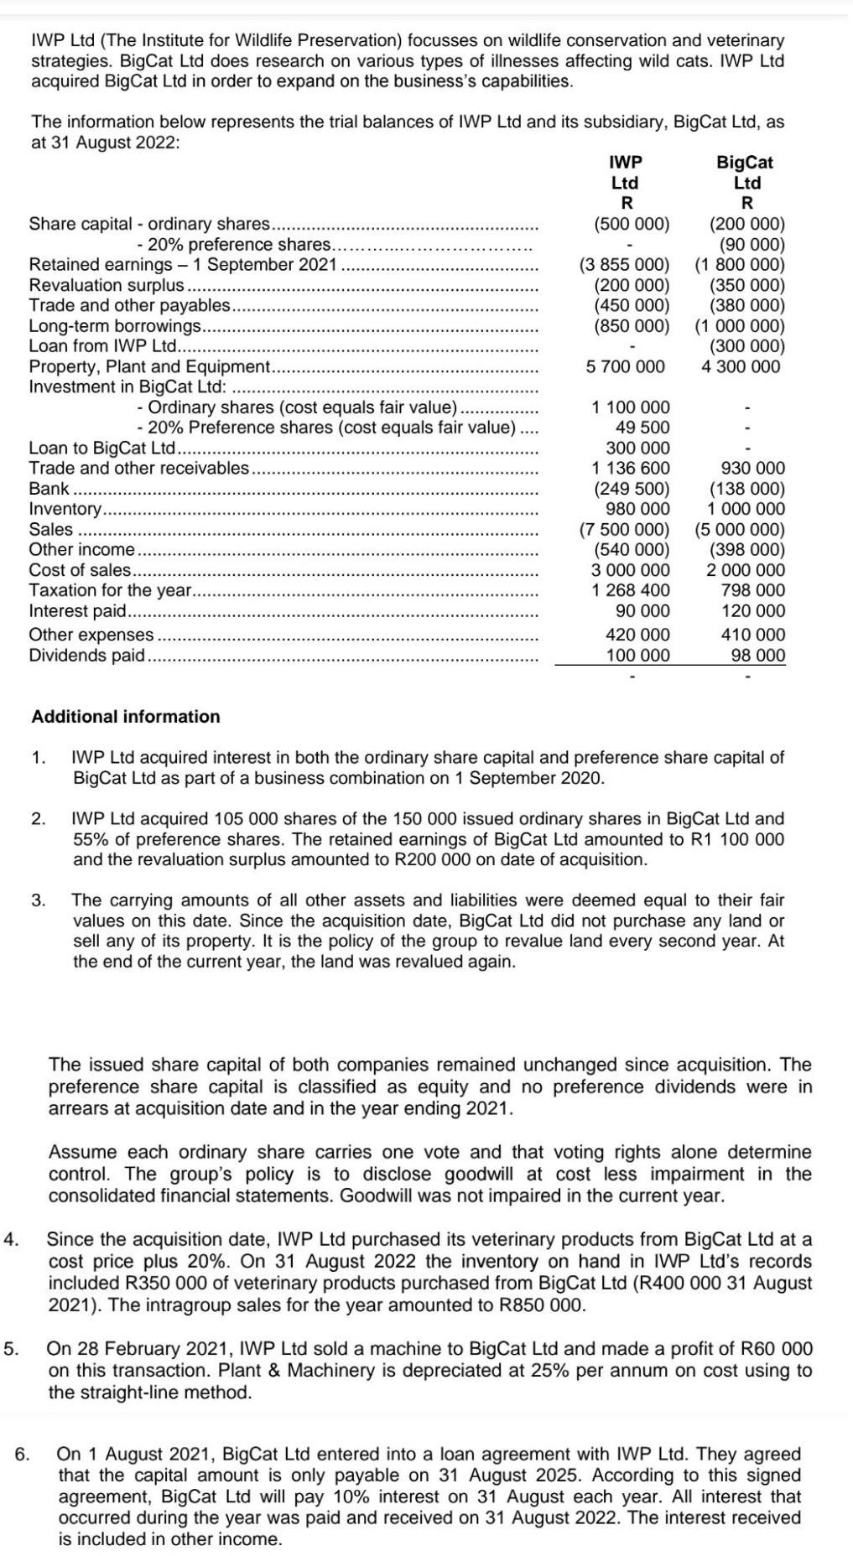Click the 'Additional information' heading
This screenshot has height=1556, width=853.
coord(126,717)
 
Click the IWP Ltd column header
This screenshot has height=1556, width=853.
coord(625,173)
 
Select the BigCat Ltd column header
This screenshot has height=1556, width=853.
coord(746,173)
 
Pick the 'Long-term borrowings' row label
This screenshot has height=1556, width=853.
coord(115,325)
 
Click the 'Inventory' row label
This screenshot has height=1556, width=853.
coord(65,509)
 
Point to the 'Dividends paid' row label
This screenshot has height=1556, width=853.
coord(86,655)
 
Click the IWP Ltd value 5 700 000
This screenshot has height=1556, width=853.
coord(625,366)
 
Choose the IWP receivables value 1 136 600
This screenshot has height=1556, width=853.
coord(631,468)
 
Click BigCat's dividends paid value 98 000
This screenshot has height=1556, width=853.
coord(758,655)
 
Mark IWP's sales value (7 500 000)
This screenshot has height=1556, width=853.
coord(625,530)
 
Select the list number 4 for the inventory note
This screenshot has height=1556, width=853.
coord(12,1239)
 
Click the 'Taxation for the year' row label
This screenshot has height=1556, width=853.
coord(111,591)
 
